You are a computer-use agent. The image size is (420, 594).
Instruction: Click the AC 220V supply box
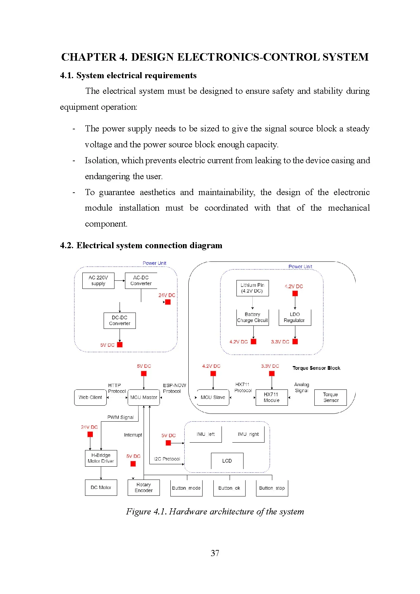[98, 280]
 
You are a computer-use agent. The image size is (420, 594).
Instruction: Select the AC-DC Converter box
[141, 280]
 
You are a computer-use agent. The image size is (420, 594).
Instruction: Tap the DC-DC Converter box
[120, 320]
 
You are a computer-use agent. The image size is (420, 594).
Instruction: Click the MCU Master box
[144, 397]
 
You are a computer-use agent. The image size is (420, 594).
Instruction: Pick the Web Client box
[90, 397]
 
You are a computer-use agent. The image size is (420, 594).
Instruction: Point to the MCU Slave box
[213, 397]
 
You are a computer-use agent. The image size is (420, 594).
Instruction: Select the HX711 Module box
[271, 397]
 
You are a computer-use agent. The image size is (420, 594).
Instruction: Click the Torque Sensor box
[330, 397]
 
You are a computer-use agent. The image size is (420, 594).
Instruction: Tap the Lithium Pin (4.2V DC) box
[252, 288]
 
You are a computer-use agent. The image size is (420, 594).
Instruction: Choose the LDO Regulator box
[294, 317]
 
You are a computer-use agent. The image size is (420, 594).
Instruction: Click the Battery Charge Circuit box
[252, 317]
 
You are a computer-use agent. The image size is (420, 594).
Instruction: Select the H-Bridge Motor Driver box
[101, 458]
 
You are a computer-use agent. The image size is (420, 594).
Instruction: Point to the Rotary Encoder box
[144, 488]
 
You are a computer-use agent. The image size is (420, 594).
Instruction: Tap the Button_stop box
[272, 488]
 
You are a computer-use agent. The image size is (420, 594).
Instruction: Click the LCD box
[227, 461]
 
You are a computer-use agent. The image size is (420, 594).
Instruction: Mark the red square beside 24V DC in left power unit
[168, 302]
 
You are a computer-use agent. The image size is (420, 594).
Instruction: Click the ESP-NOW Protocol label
[174, 388]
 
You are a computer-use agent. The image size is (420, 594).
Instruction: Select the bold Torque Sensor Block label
[316, 368]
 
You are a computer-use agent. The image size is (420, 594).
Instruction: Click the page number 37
[215, 553]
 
